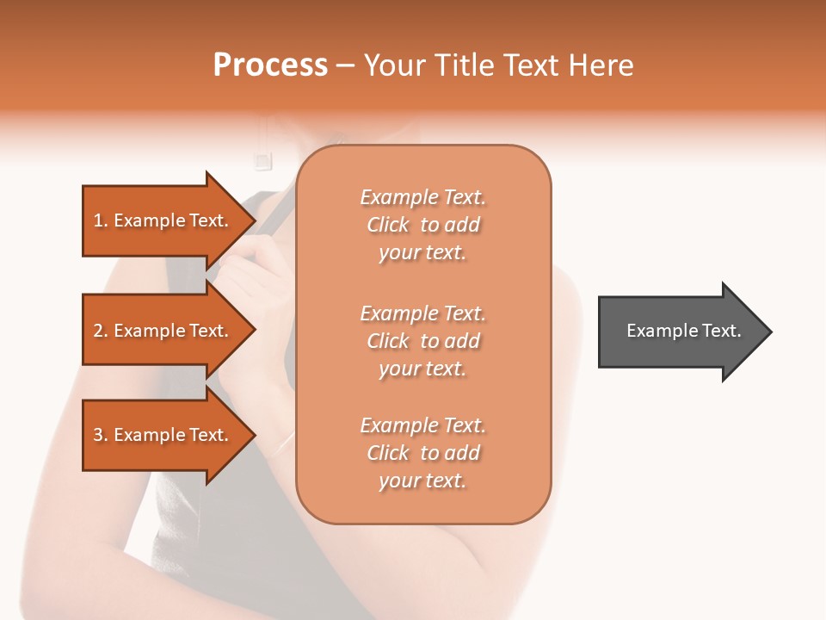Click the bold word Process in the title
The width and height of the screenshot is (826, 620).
(x=270, y=65)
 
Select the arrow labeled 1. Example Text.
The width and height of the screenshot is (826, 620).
(x=163, y=220)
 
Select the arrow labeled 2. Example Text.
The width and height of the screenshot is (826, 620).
(x=163, y=331)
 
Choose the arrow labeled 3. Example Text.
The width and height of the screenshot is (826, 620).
(x=163, y=435)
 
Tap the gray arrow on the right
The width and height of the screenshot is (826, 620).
(x=680, y=331)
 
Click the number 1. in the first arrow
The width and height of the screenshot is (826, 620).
(x=101, y=220)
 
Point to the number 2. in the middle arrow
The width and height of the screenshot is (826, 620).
(x=101, y=331)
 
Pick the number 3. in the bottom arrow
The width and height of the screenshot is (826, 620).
(x=101, y=435)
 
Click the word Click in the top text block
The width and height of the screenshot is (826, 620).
(x=388, y=226)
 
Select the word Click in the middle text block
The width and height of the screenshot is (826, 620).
(x=388, y=341)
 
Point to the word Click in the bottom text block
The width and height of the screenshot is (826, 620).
(x=388, y=453)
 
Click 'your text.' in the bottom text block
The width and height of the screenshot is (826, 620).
(x=422, y=480)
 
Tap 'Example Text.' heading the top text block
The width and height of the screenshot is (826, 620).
(x=422, y=197)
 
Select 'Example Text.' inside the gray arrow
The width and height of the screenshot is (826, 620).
(x=683, y=331)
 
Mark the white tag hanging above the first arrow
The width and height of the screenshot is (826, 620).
(x=262, y=159)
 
